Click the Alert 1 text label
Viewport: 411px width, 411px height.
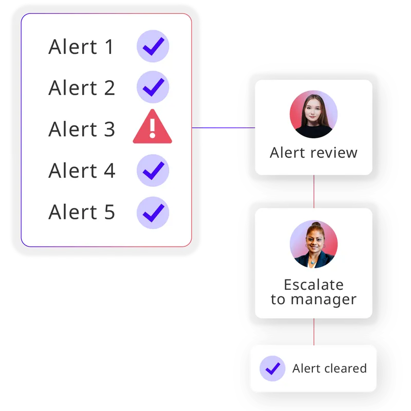(82, 47)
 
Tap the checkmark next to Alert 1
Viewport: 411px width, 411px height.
(153, 47)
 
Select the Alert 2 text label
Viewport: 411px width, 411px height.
(82, 88)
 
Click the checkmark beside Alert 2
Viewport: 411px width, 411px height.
(153, 88)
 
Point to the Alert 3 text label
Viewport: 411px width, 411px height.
(82, 129)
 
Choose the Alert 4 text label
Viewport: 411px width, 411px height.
(82, 171)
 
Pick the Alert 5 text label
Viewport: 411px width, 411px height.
(82, 212)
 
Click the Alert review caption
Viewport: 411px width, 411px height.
(313, 153)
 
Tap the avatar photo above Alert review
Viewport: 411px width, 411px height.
(313, 115)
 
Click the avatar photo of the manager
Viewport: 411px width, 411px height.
(313, 244)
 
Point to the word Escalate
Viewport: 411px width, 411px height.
(313, 285)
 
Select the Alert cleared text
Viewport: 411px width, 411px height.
(329, 368)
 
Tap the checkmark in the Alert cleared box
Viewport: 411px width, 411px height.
(272, 368)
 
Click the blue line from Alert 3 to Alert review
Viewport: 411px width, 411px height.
(223, 128)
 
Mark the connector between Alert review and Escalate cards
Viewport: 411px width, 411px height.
(314, 191)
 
